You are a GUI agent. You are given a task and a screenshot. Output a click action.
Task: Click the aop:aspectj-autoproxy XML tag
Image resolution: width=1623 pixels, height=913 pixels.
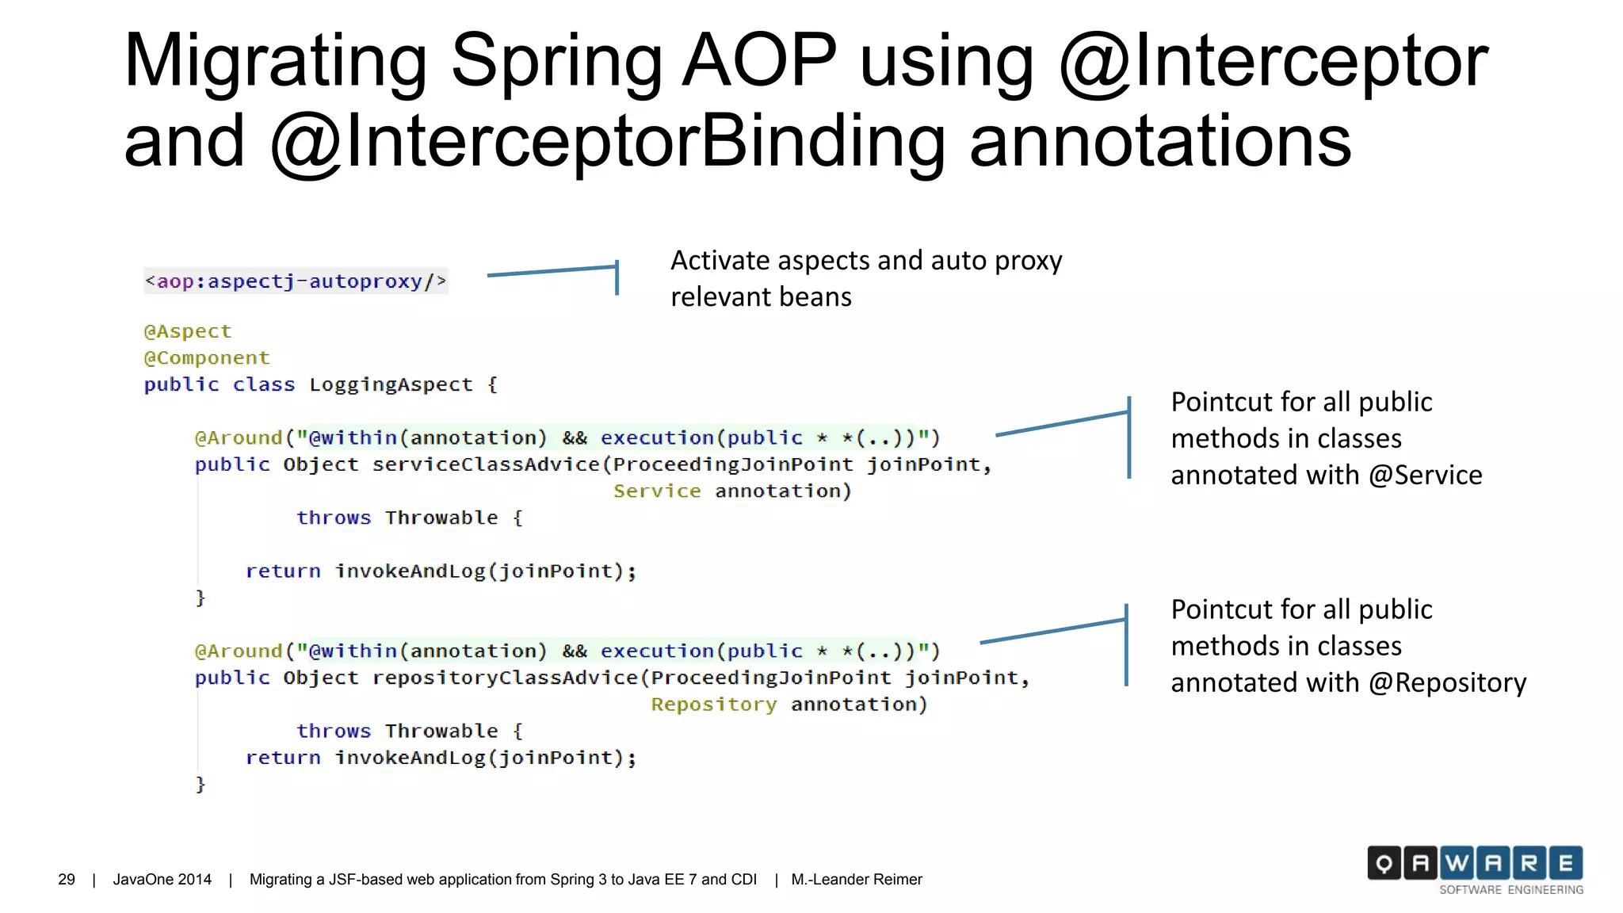(x=296, y=281)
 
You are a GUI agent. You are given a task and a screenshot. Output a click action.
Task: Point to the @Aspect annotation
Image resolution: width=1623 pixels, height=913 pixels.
(x=188, y=331)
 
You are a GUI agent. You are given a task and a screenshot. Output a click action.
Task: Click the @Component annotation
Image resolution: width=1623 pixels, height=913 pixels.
(x=207, y=358)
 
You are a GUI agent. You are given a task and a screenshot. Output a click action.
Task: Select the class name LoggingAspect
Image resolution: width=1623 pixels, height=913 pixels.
(x=391, y=385)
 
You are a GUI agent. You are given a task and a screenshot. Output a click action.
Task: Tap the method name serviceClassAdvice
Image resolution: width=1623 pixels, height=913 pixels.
(x=486, y=464)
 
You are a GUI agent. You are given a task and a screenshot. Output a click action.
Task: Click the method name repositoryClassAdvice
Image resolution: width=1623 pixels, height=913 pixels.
(x=505, y=678)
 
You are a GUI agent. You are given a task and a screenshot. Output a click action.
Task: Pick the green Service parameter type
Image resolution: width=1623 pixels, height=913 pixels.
(x=657, y=491)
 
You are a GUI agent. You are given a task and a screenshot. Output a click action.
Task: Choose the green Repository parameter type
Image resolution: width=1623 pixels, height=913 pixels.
(x=713, y=705)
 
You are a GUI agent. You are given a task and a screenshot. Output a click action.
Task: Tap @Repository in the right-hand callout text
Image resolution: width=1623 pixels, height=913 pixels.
(x=1447, y=682)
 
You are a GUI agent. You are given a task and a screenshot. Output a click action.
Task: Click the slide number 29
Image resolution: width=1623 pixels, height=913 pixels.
(x=67, y=880)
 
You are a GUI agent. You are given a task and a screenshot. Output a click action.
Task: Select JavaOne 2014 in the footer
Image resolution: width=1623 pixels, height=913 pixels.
(x=162, y=880)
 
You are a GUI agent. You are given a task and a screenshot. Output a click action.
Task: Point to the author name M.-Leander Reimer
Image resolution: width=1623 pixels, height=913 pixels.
(x=857, y=880)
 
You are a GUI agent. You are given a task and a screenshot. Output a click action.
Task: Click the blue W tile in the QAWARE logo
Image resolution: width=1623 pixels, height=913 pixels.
(x=1457, y=863)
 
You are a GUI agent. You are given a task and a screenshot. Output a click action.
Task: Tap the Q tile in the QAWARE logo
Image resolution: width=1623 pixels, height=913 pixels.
(x=1384, y=863)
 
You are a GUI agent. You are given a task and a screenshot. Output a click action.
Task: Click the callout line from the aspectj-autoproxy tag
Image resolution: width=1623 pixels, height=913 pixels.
(x=552, y=271)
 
